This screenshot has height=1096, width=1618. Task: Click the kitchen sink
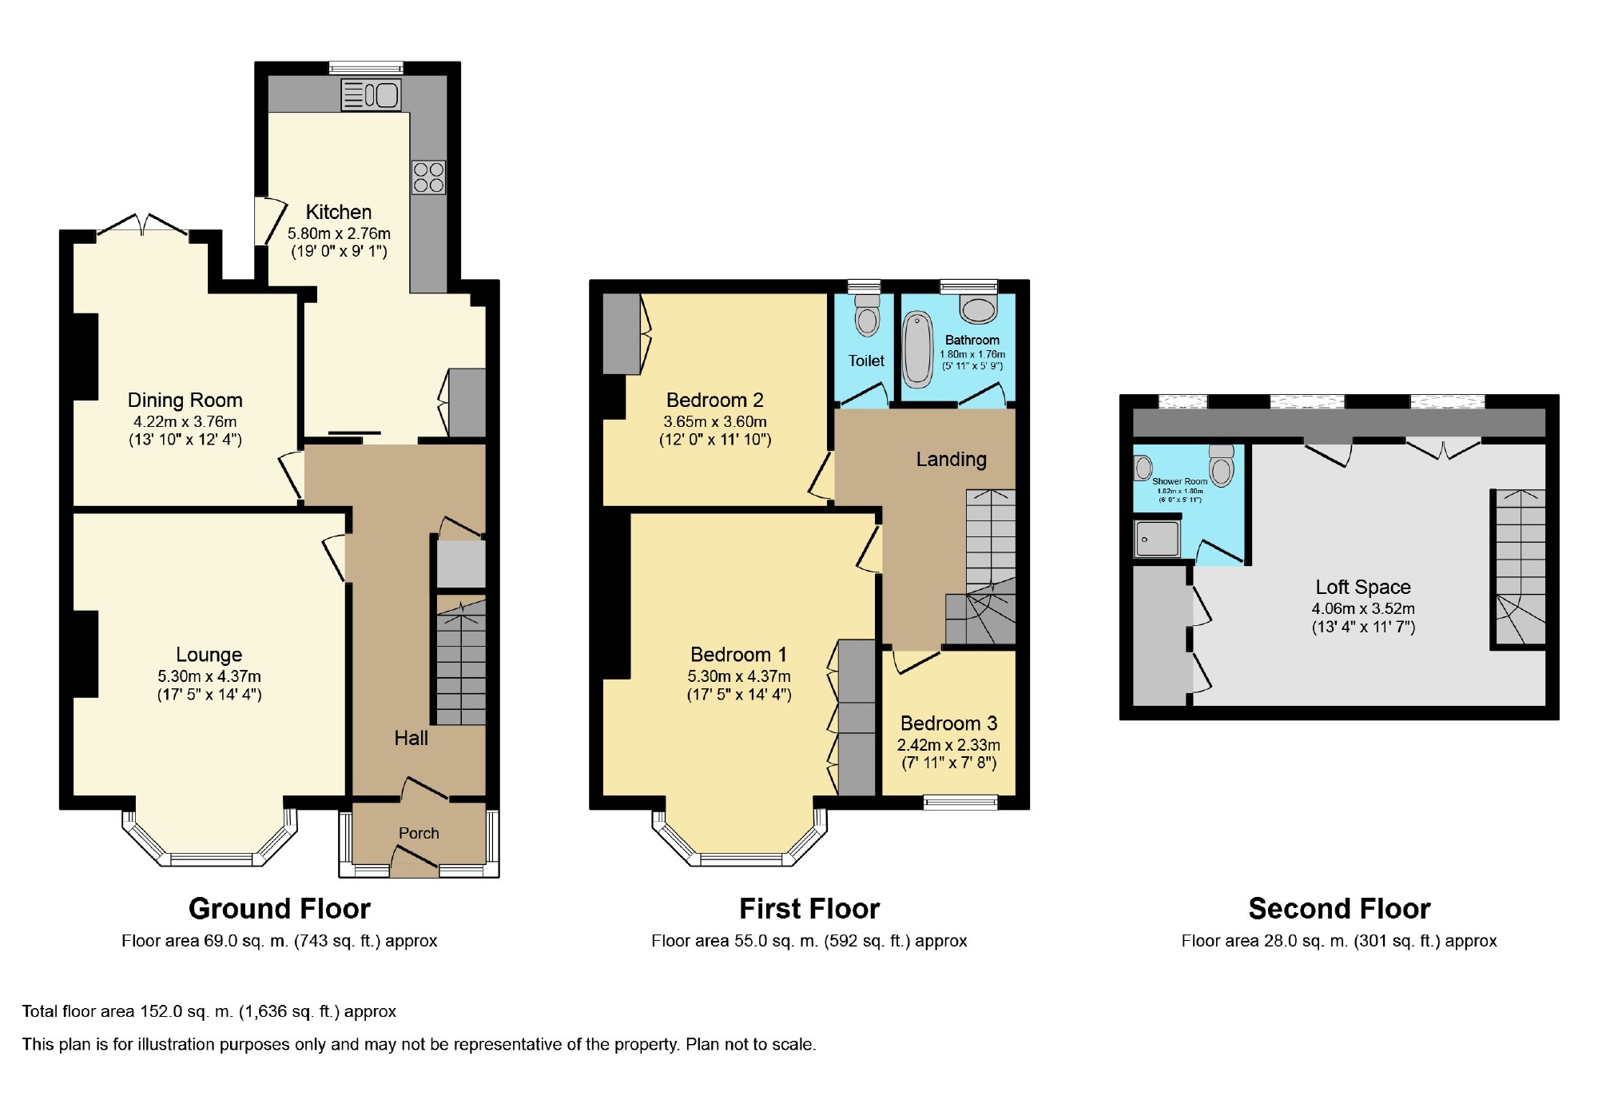(371, 95)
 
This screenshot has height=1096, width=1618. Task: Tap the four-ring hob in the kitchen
(428, 177)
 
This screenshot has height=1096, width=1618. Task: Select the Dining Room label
(185, 400)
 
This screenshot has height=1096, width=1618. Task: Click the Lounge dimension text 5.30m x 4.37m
(209, 676)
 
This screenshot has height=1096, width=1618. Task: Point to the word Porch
(419, 833)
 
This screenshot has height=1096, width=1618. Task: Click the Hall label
(411, 738)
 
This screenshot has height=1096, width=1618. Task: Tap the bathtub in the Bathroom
(918, 350)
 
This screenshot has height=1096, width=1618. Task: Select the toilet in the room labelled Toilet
(867, 315)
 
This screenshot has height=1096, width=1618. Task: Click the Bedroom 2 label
(715, 400)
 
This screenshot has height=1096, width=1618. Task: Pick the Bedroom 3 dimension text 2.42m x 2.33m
(948, 745)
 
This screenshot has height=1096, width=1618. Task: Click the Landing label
(951, 460)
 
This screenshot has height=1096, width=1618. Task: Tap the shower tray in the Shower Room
(1157, 539)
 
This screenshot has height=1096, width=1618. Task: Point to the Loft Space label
(1363, 588)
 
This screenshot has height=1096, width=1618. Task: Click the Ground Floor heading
(280, 909)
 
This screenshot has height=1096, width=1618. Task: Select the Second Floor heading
(1339, 909)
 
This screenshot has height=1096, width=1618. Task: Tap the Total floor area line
(209, 1011)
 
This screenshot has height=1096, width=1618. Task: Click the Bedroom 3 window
(960, 803)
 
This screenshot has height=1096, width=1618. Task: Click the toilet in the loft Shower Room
(1222, 466)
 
